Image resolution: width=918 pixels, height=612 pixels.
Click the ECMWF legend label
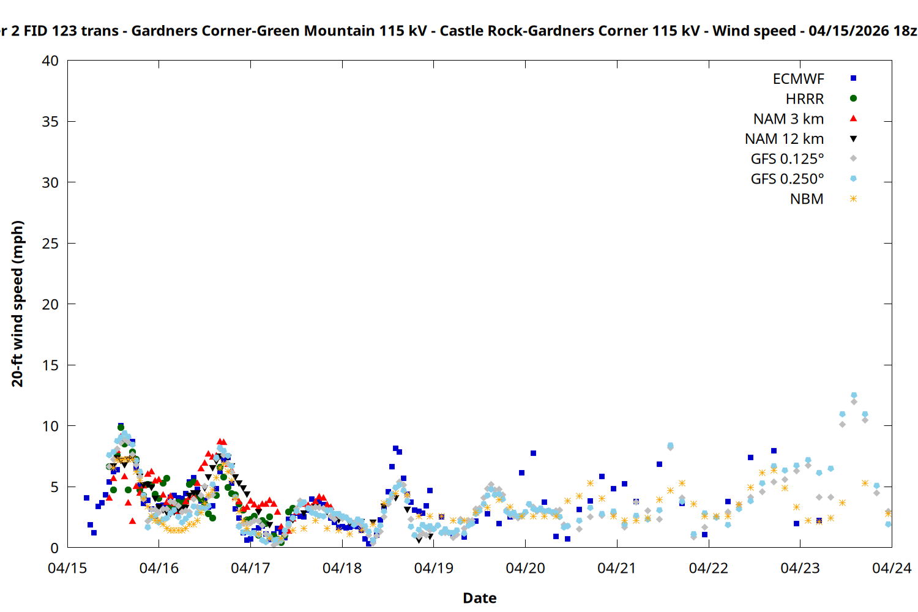tap(798, 79)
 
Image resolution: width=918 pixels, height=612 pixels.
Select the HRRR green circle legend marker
tap(853, 99)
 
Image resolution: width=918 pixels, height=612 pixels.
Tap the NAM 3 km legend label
tap(788, 119)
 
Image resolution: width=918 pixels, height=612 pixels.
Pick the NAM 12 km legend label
tap(784, 139)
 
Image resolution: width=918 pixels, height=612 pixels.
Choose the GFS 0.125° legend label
tap(787, 159)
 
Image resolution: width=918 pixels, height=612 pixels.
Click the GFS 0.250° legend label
tap(787, 179)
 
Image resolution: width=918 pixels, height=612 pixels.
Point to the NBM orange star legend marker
tap(853, 199)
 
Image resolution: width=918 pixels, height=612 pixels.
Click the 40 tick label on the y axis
tap(50, 61)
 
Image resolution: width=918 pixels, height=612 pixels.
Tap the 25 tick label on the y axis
tap(50, 244)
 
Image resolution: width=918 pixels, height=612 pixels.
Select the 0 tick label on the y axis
tap(54, 548)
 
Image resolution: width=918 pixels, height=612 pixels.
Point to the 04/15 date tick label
tap(67, 569)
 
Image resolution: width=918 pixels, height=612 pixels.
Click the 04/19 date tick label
tap(434, 569)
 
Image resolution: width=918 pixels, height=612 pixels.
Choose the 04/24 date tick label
tap(891, 569)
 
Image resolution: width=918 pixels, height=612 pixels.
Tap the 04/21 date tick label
tap(617, 569)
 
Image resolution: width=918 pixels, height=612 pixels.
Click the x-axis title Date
tap(479, 598)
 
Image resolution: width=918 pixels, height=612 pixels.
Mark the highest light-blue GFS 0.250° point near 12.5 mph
tap(854, 395)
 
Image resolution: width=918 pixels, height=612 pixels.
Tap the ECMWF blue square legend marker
tap(853, 78)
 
